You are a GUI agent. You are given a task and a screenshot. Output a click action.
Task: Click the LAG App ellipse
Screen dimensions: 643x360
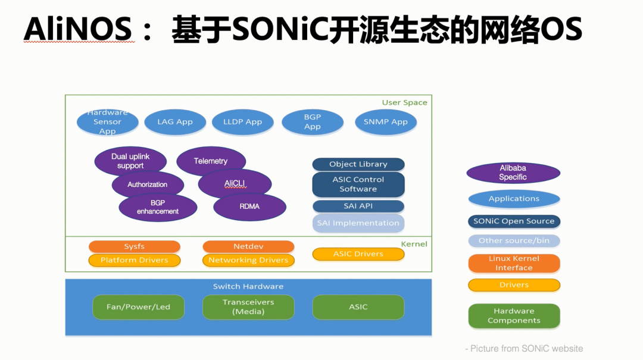[175, 121]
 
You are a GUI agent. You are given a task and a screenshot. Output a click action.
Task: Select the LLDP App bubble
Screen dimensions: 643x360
[242, 121]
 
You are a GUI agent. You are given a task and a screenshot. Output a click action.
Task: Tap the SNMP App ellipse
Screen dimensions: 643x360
[385, 121]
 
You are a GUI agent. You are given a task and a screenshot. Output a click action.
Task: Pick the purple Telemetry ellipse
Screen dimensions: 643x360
[211, 161]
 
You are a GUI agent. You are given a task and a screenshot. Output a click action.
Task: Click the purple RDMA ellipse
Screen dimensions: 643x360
[249, 206]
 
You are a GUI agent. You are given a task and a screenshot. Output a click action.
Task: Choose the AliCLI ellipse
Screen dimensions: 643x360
[235, 183]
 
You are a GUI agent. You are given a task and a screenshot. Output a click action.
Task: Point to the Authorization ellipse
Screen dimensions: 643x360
[148, 184]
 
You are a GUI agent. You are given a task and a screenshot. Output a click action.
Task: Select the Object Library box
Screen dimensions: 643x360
[358, 164]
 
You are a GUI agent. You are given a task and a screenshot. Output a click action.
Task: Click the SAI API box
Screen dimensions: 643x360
[358, 206]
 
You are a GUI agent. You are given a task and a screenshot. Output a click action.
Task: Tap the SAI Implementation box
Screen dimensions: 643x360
[358, 223]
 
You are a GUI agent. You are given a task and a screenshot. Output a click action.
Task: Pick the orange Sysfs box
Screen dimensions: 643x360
[134, 246]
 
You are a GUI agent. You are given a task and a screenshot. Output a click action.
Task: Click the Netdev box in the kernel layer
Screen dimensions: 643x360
[248, 246]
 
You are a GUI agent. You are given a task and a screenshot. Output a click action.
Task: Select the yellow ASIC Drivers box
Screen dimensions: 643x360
[358, 254]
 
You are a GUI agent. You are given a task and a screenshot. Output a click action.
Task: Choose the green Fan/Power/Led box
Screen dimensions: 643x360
[138, 306]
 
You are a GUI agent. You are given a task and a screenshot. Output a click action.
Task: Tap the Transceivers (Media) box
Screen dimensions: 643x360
[248, 306]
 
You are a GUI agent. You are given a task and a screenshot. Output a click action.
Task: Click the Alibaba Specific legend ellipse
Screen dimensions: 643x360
[513, 173]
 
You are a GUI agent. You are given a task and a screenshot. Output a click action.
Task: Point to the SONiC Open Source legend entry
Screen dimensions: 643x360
[514, 221]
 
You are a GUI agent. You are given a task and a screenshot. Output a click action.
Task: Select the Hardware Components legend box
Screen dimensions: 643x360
[514, 316]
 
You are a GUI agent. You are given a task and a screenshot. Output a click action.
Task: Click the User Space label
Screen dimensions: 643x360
[404, 102]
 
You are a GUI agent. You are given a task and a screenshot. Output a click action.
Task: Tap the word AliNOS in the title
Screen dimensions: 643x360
[79, 29]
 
